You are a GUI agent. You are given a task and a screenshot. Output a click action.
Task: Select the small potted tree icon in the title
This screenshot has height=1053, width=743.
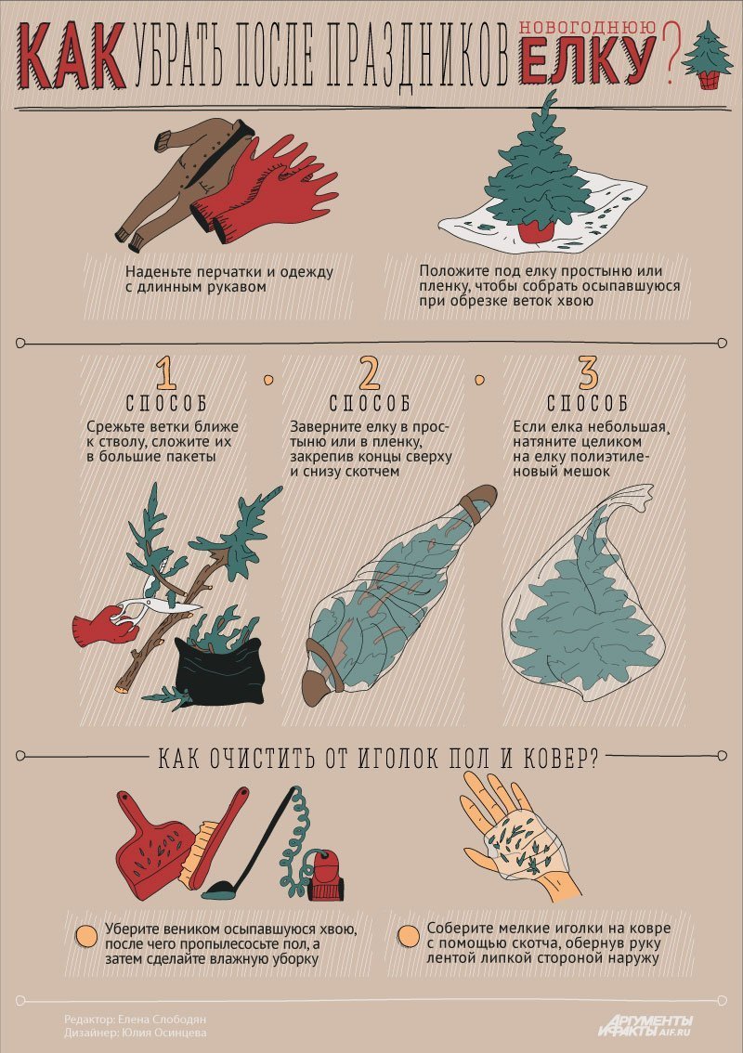(708, 56)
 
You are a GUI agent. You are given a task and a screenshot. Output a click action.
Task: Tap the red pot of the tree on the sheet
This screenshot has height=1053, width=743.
(538, 228)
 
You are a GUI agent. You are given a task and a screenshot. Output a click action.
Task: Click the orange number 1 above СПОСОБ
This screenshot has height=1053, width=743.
(166, 373)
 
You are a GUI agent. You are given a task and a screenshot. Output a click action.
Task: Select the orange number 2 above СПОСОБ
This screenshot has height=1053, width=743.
(370, 373)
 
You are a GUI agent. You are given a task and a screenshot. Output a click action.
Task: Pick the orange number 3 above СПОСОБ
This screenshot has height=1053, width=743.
(587, 372)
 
